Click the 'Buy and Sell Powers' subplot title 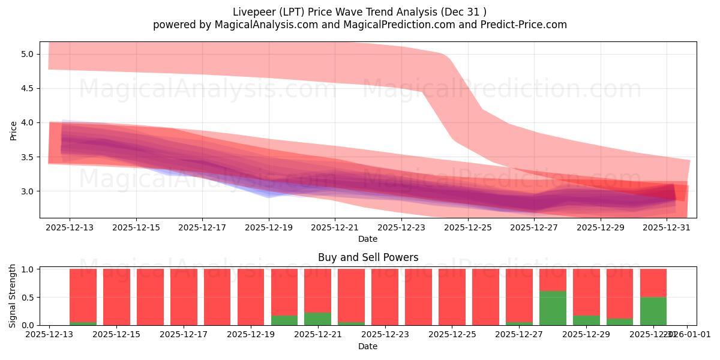tap(368, 257)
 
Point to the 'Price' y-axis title tap(13, 130)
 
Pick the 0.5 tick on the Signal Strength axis tap(28, 298)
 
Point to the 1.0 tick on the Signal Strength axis tap(28, 269)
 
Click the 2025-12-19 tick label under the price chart tap(269, 227)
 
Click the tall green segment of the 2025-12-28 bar tap(553, 308)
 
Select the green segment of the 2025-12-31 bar tap(653, 311)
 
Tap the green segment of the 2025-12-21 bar tap(317, 319)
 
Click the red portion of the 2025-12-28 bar tap(553, 280)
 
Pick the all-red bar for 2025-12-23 tap(385, 297)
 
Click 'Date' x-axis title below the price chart tap(368, 239)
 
